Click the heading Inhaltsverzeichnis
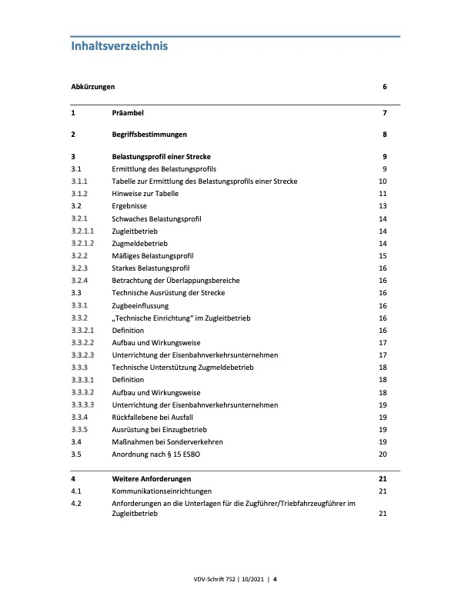click(119, 46)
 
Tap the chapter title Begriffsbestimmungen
click(152, 135)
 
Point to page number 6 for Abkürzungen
click(383, 88)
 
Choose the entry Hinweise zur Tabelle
click(145, 194)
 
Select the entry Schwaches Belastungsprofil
click(156, 219)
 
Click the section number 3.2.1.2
click(82, 244)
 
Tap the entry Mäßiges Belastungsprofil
click(152, 256)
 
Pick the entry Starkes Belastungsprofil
click(152, 268)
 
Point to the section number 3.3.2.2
click(82, 343)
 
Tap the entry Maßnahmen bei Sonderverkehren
click(168, 442)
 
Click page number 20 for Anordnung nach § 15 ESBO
click(382, 454)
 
